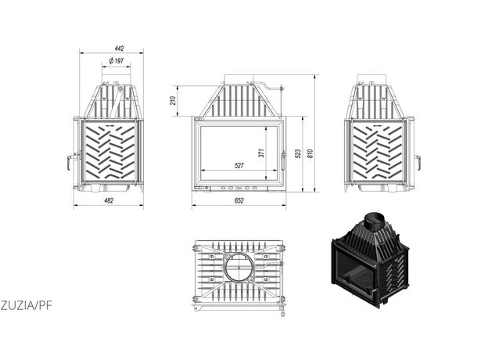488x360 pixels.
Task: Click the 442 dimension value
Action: [119, 49]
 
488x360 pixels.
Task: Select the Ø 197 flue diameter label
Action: [117, 61]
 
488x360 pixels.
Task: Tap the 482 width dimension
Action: [109, 201]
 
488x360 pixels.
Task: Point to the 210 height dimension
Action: [173, 101]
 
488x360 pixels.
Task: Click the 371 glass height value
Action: [261, 153]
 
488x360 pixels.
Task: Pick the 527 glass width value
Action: [239, 166]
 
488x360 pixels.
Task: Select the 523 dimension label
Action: [298, 154]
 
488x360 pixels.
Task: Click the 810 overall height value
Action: [310, 154]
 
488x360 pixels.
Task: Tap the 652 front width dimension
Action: [239, 201]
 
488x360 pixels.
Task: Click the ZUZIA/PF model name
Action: [26, 306]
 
